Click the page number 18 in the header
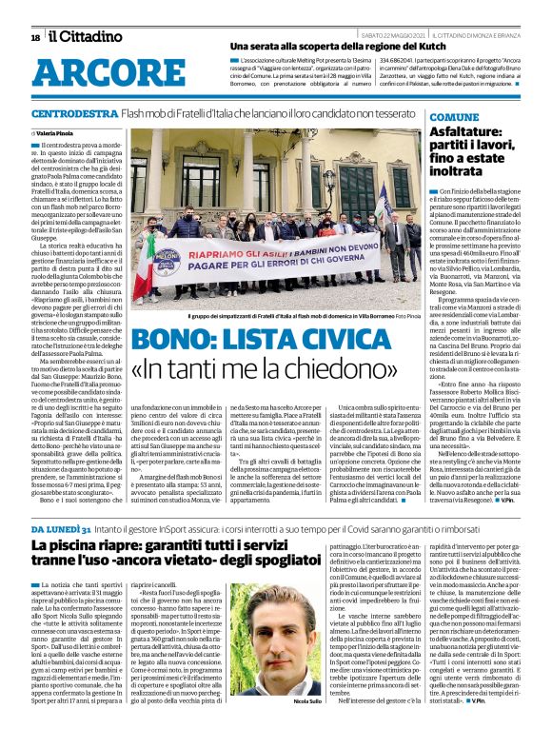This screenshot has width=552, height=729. coord(35,37)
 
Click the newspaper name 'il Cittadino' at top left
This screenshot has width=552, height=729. coord(83,36)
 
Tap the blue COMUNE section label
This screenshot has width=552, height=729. coord(428,117)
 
